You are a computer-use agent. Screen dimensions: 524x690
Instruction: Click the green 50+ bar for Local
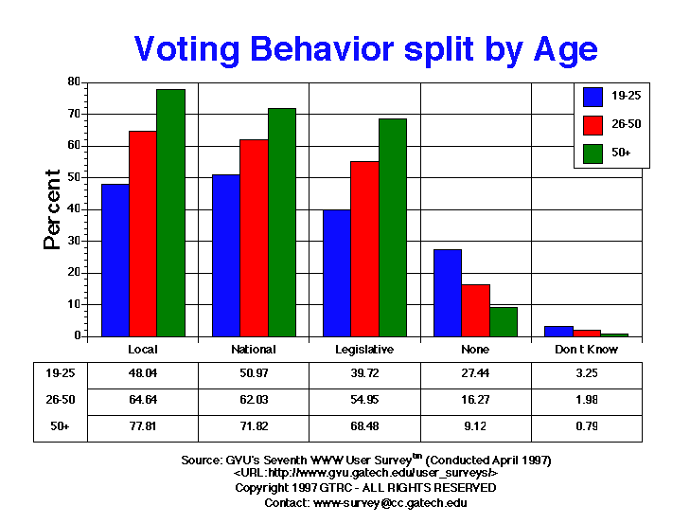coord(170,212)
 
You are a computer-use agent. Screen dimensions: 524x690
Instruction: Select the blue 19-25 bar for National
coord(225,255)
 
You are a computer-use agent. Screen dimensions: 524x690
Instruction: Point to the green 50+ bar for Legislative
coord(392,226)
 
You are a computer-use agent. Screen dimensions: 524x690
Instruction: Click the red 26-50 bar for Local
coord(143,233)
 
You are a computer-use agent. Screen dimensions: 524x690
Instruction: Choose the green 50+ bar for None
coord(504,321)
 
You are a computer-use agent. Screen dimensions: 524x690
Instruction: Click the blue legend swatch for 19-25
coord(594,96)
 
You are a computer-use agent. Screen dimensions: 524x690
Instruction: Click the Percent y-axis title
coord(54,208)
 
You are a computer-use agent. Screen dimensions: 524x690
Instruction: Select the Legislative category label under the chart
coord(364,350)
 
